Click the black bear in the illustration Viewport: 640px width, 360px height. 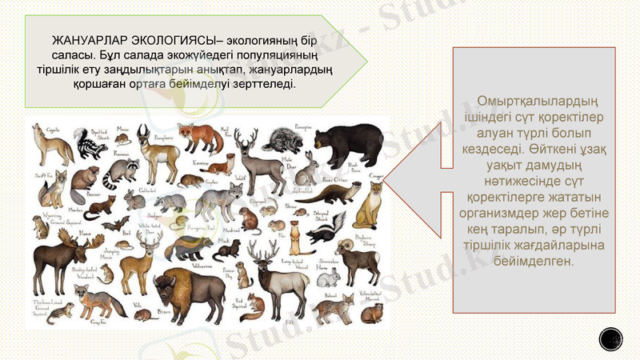341,144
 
